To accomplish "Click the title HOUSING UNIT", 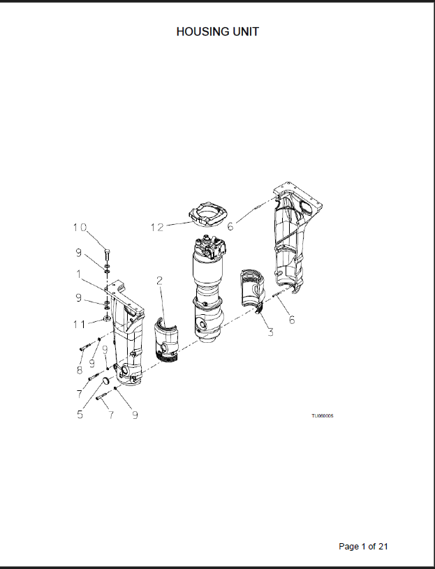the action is tap(218, 32).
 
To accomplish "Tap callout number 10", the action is tap(80, 228).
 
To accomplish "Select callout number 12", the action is tap(158, 228).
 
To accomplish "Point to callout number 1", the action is tap(78, 274).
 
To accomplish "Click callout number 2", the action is tap(159, 280).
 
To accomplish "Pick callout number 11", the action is tap(80, 324).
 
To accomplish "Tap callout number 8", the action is tap(80, 370).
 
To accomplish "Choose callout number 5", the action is tap(80, 415).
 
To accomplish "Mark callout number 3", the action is tap(270, 332).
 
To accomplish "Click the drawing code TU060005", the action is tap(322, 416).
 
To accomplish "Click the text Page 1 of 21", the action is tap(363, 546).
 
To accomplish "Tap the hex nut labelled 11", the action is tap(107, 318).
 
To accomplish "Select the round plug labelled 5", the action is tap(105, 380).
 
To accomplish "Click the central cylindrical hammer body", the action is tap(207, 289).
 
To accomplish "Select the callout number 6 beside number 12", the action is tap(230, 226).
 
